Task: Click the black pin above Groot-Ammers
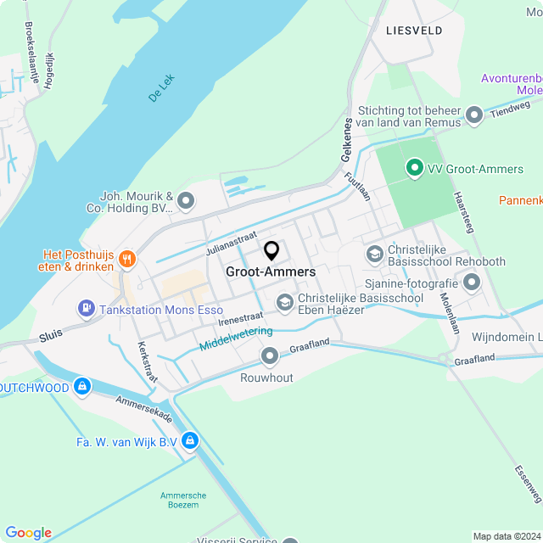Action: tap(271, 251)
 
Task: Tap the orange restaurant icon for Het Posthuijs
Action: tap(127, 259)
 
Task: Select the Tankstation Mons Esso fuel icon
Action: tap(86, 310)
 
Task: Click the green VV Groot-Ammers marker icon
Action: tap(415, 169)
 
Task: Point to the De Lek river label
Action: tap(160, 89)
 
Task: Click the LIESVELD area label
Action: tap(413, 30)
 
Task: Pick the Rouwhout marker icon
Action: tap(270, 355)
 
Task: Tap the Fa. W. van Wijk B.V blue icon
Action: tap(190, 441)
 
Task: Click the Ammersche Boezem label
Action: tap(179, 500)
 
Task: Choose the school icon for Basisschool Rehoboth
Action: tap(374, 254)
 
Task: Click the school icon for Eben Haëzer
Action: tap(284, 302)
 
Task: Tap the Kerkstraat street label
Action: tap(147, 361)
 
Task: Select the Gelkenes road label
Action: tap(347, 140)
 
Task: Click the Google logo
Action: tap(28, 533)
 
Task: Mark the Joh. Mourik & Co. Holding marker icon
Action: tap(186, 201)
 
